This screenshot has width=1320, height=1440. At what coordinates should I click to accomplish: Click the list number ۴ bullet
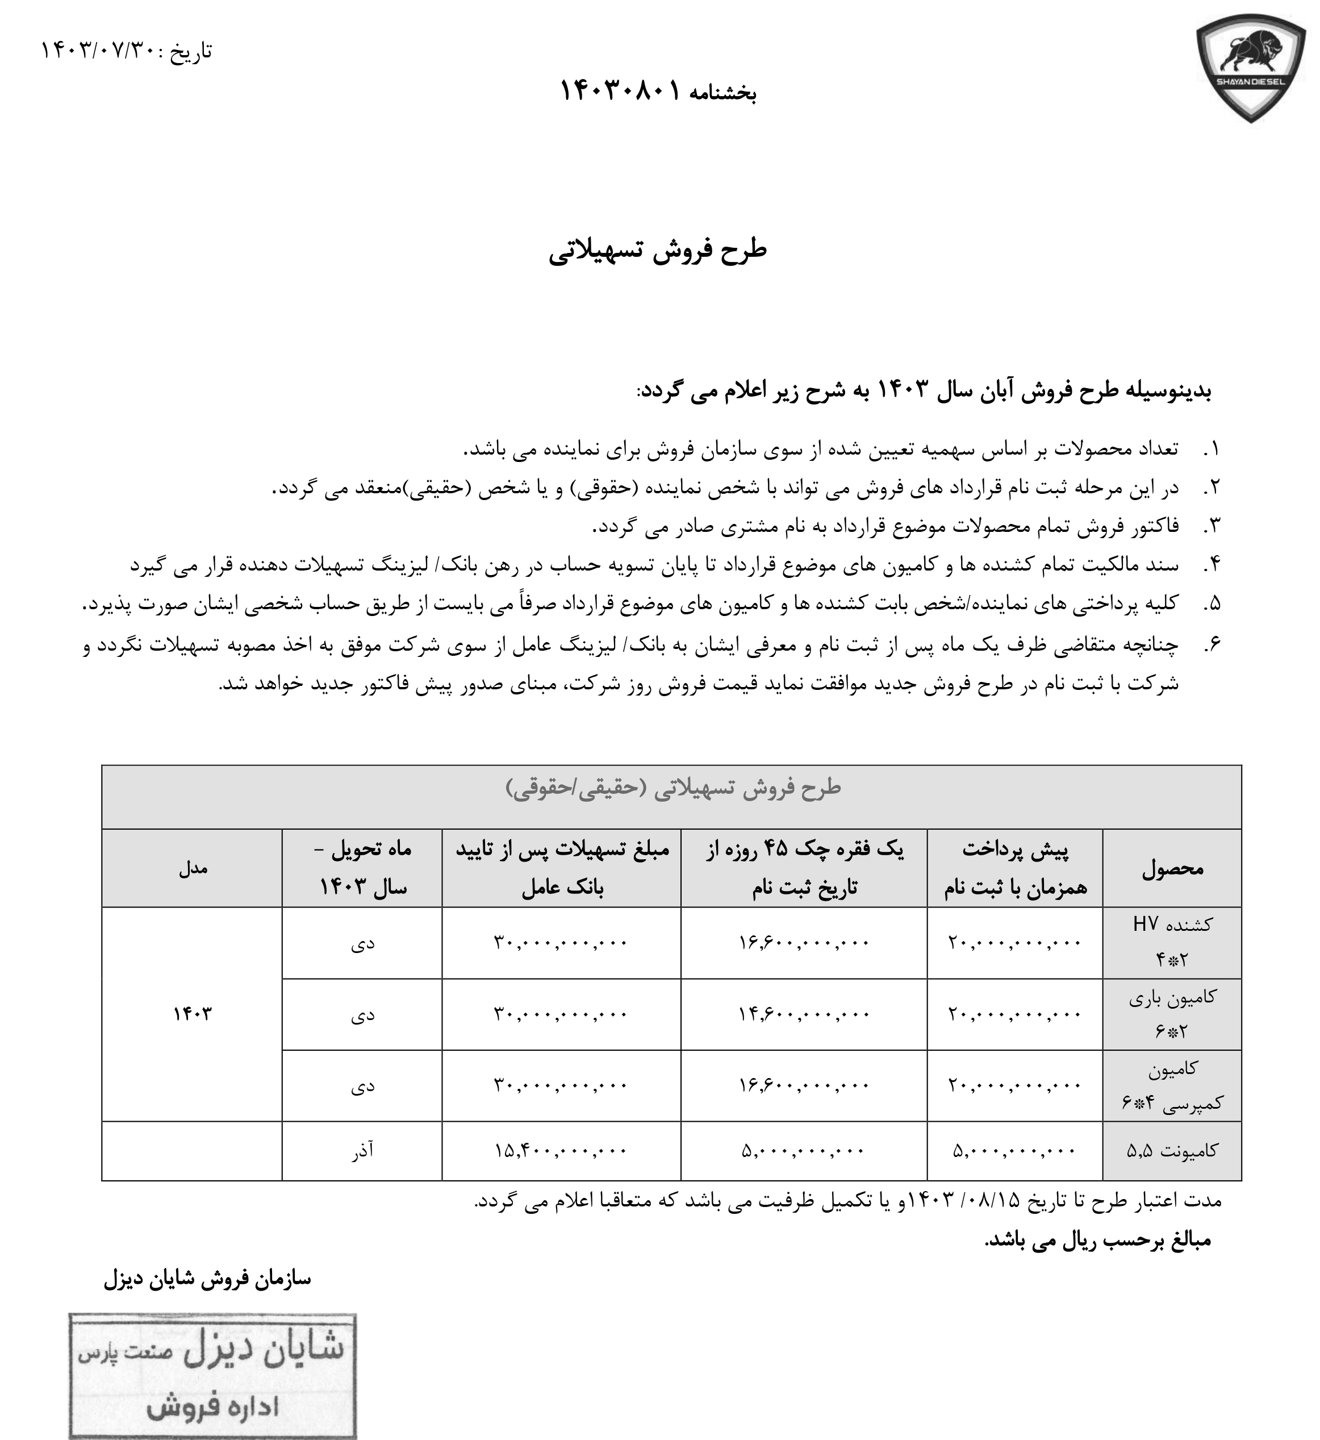(x=1212, y=564)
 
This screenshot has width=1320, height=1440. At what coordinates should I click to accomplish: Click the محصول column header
(x=1172, y=868)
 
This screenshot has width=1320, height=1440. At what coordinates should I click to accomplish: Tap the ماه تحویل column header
(x=362, y=868)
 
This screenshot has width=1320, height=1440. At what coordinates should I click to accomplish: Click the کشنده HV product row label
(x=1172, y=942)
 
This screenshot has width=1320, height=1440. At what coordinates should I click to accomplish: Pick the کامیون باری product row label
(x=1172, y=1014)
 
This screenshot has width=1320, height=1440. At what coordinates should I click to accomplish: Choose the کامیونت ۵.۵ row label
(x=1172, y=1151)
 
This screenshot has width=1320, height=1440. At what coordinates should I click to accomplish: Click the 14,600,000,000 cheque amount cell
(x=804, y=1014)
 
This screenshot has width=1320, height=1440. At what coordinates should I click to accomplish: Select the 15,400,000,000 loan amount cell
(x=561, y=1151)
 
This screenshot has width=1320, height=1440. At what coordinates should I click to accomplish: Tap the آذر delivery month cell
(x=362, y=1151)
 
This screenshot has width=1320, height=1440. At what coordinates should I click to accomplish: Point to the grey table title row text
(x=673, y=788)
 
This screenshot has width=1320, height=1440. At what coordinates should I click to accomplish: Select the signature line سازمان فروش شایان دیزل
(x=207, y=1279)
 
